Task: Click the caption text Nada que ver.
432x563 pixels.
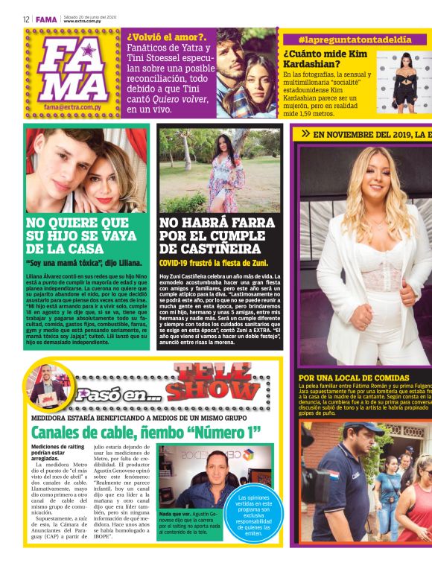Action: coord(176,514)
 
